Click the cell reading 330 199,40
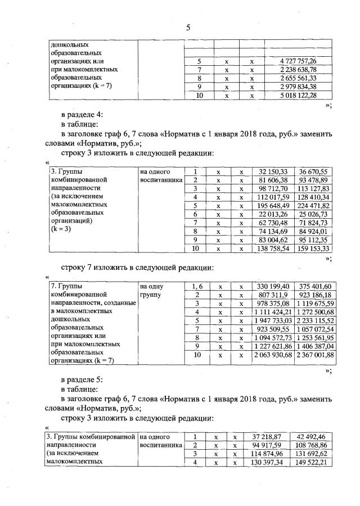[x=273, y=286]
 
